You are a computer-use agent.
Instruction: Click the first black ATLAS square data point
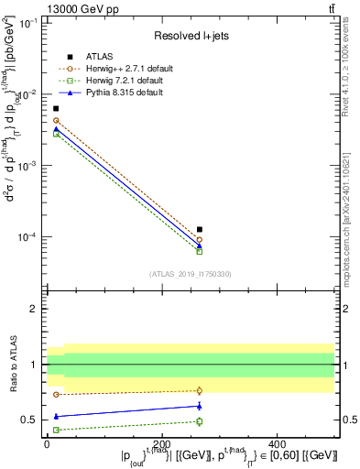(56, 108)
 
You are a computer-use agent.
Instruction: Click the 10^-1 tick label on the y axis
(29, 23)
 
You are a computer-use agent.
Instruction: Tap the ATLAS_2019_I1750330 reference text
(191, 274)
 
